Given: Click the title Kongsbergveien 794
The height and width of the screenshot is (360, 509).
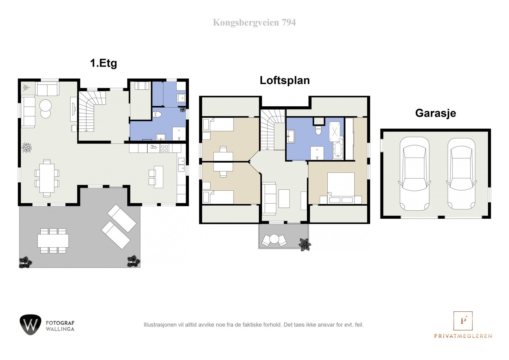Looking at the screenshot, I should tap(254, 23).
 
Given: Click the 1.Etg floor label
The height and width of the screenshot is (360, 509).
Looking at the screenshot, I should tap(104, 63).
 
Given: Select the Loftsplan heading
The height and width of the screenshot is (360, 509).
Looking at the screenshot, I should tap(285, 80).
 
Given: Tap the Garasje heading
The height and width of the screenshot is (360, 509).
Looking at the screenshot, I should tap(436, 113).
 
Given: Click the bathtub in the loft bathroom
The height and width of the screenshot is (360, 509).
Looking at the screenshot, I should tap(338, 148).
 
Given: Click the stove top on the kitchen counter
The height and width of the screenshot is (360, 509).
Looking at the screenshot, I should tap(164, 148).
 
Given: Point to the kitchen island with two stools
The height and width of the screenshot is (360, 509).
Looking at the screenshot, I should tap(158, 177).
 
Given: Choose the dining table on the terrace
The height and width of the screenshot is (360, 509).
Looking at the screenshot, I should tap(53, 240).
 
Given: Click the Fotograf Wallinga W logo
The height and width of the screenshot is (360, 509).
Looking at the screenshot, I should tap(31, 325).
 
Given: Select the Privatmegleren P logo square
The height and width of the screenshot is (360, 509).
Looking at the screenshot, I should tap(463, 321).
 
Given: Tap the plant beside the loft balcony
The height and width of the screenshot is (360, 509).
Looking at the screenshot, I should tap(304, 244).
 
